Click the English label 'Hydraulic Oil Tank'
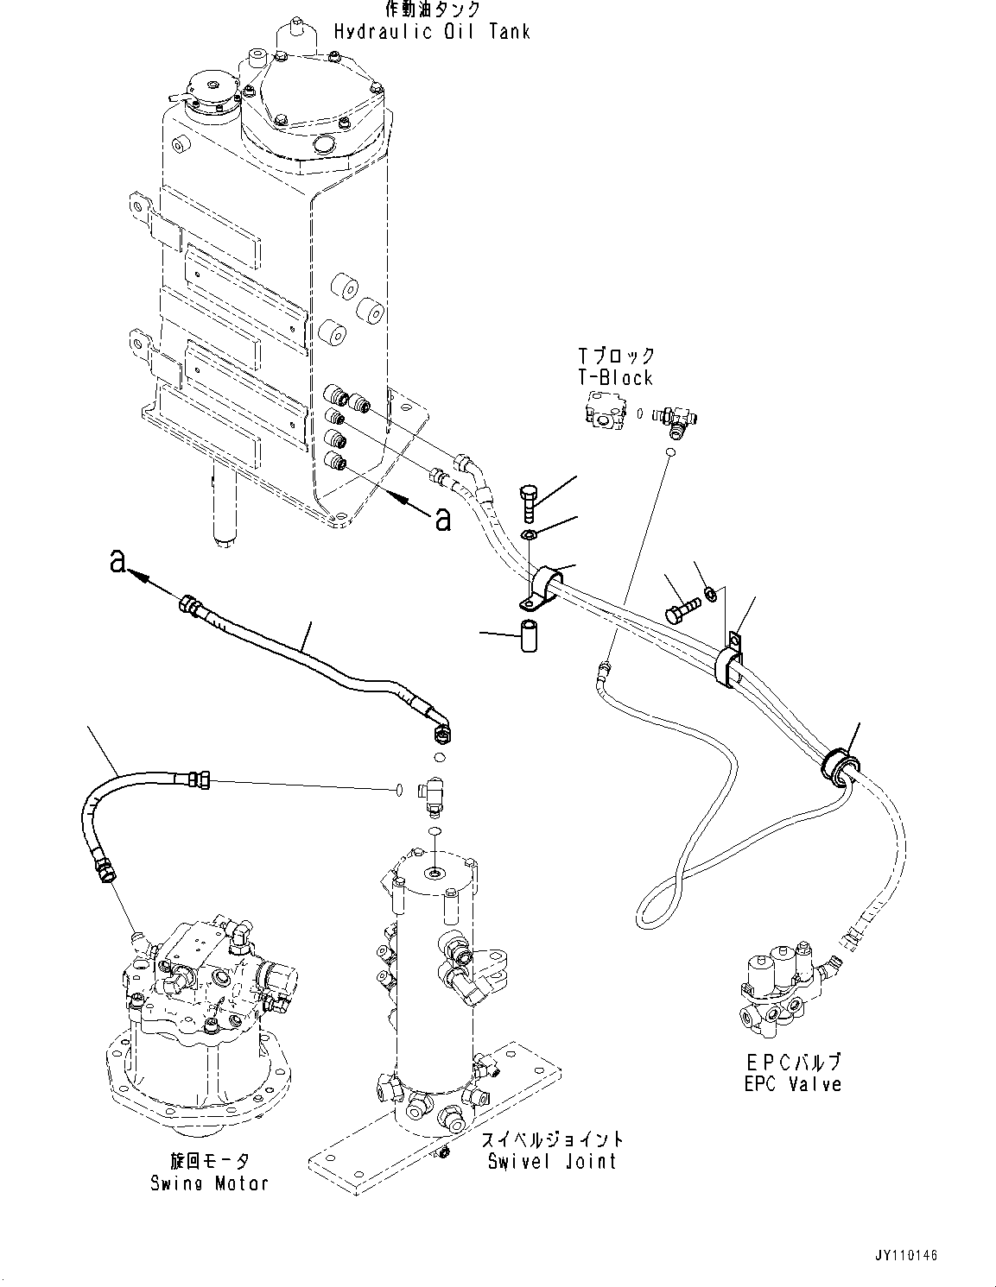click(432, 33)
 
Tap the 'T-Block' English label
click(616, 378)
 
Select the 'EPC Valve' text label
click(792, 1084)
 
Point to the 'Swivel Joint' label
click(552, 1161)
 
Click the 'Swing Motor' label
click(208, 1183)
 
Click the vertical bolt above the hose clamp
click(530, 502)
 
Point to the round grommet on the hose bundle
click(840, 763)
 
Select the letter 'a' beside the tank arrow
click(442, 519)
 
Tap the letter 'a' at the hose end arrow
click(118, 561)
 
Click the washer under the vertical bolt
click(530, 536)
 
